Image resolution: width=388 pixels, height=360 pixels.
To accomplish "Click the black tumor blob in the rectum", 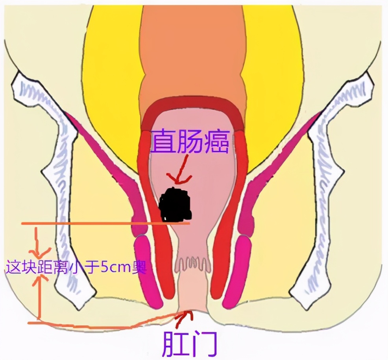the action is point(176,205).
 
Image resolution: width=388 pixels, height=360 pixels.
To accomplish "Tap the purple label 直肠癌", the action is point(190,141).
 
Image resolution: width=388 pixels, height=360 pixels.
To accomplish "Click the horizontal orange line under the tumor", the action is point(106,223).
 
